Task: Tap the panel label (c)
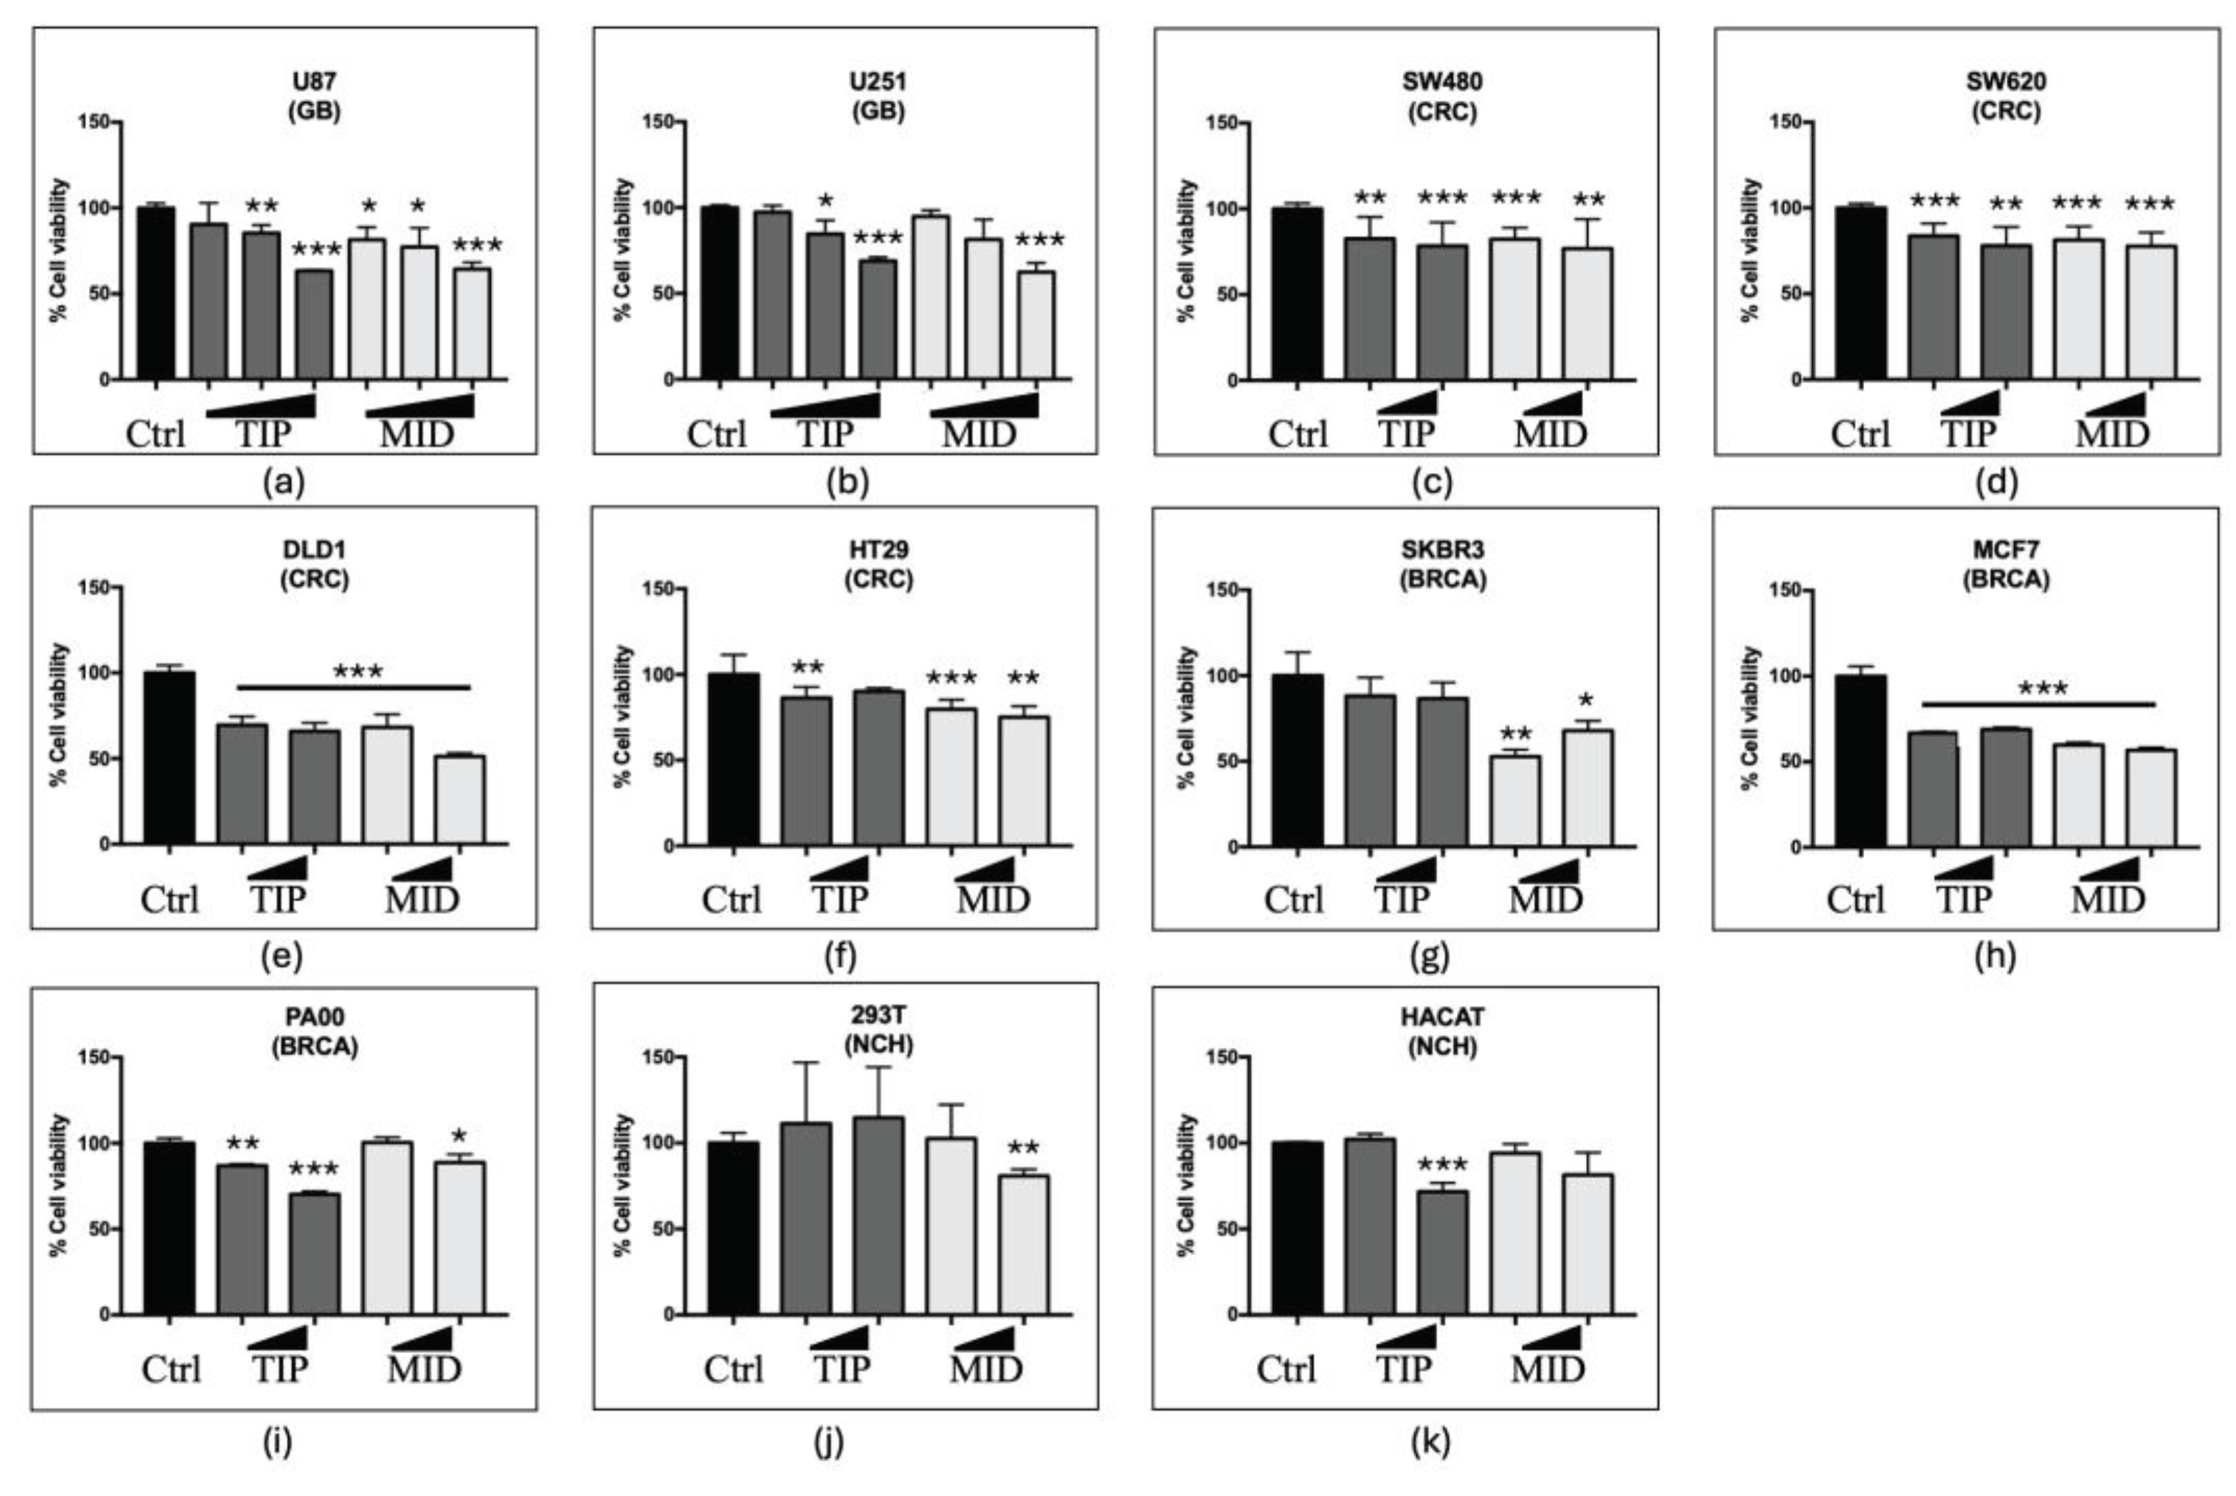click(x=1431, y=483)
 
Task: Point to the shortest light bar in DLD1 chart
click(x=459, y=800)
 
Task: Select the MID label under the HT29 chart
click(x=993, y=900)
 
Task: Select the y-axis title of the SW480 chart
click(x=1187, y=250)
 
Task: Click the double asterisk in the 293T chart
click(x=1023, y=1148)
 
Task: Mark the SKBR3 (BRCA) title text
click(x=1442, y=565)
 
